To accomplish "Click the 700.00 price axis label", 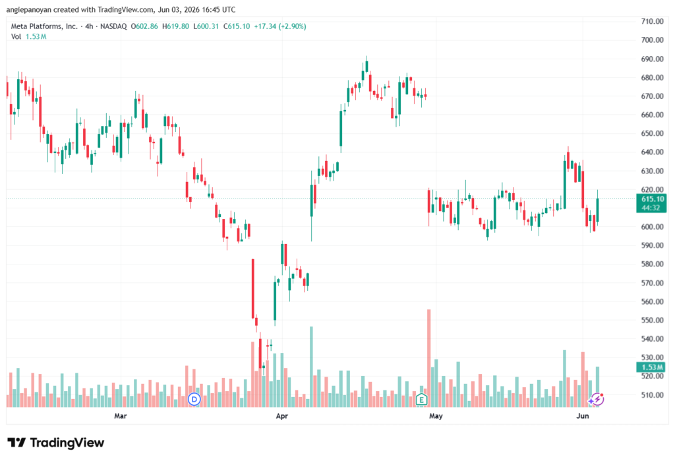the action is click(652, 40).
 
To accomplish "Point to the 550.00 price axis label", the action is click(652, 320).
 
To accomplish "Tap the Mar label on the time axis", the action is click(121, 415).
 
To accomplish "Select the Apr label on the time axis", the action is click(282, 415).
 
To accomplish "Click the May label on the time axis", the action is click(436, 415).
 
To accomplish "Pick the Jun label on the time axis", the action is click(583, 415).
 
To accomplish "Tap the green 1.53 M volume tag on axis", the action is click(651, 367).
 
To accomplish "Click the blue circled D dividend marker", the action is click(194, 400).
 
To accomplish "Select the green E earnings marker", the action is click(421, 400).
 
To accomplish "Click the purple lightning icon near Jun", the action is click(597, 400).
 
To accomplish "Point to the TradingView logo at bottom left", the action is click(56, 443).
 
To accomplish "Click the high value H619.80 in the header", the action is click(175, 26).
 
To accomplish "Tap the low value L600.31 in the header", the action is click(206, 26).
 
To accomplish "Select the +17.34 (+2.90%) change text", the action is click(279, 26).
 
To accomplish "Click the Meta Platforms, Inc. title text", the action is click(44, 26).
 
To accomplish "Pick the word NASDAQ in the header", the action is click(113, 26).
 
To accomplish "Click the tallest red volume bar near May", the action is click(428, 358).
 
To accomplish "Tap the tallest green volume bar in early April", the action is click(311, 367).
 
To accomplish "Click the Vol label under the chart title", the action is click(16, 37).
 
